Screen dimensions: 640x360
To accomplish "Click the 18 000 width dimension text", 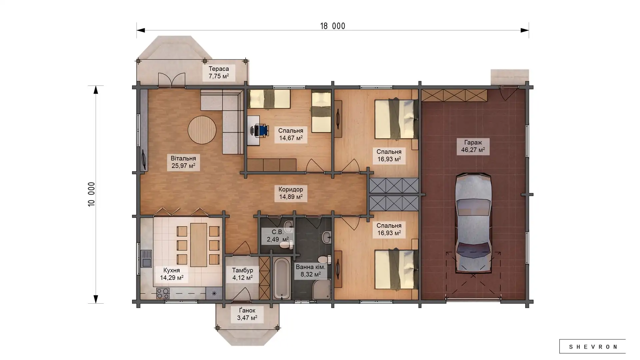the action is [333, 26].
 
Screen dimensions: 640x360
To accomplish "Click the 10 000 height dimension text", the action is [91, 194].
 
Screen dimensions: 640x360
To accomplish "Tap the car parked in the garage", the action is [473, 223].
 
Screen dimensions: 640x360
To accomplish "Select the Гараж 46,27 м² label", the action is [473, 146].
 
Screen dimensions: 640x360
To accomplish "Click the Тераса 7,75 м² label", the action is [219, 73].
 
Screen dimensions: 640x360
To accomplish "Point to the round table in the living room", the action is [202, 130].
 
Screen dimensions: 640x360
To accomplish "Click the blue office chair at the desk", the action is [262, 130].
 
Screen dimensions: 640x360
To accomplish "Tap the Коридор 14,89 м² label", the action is [291, 193].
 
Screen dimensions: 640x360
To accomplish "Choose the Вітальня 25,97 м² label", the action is [183, 162].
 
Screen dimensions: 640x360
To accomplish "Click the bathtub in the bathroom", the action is [282, 279].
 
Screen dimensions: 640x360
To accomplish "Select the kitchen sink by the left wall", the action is [146, 259].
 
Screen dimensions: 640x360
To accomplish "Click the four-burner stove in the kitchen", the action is [163, 293].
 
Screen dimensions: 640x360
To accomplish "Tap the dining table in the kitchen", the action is [198, 245].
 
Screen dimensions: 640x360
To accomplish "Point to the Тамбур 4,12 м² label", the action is [242, 274].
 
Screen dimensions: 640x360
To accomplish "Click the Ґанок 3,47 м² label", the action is [247, 314].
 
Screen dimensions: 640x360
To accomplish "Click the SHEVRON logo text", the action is [592, 347].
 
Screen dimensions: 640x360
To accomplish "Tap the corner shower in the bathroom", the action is [321, 289].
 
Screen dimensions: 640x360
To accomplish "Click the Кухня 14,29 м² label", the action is [172, 274].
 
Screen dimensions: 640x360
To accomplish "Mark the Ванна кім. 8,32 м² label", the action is [310, 271].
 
